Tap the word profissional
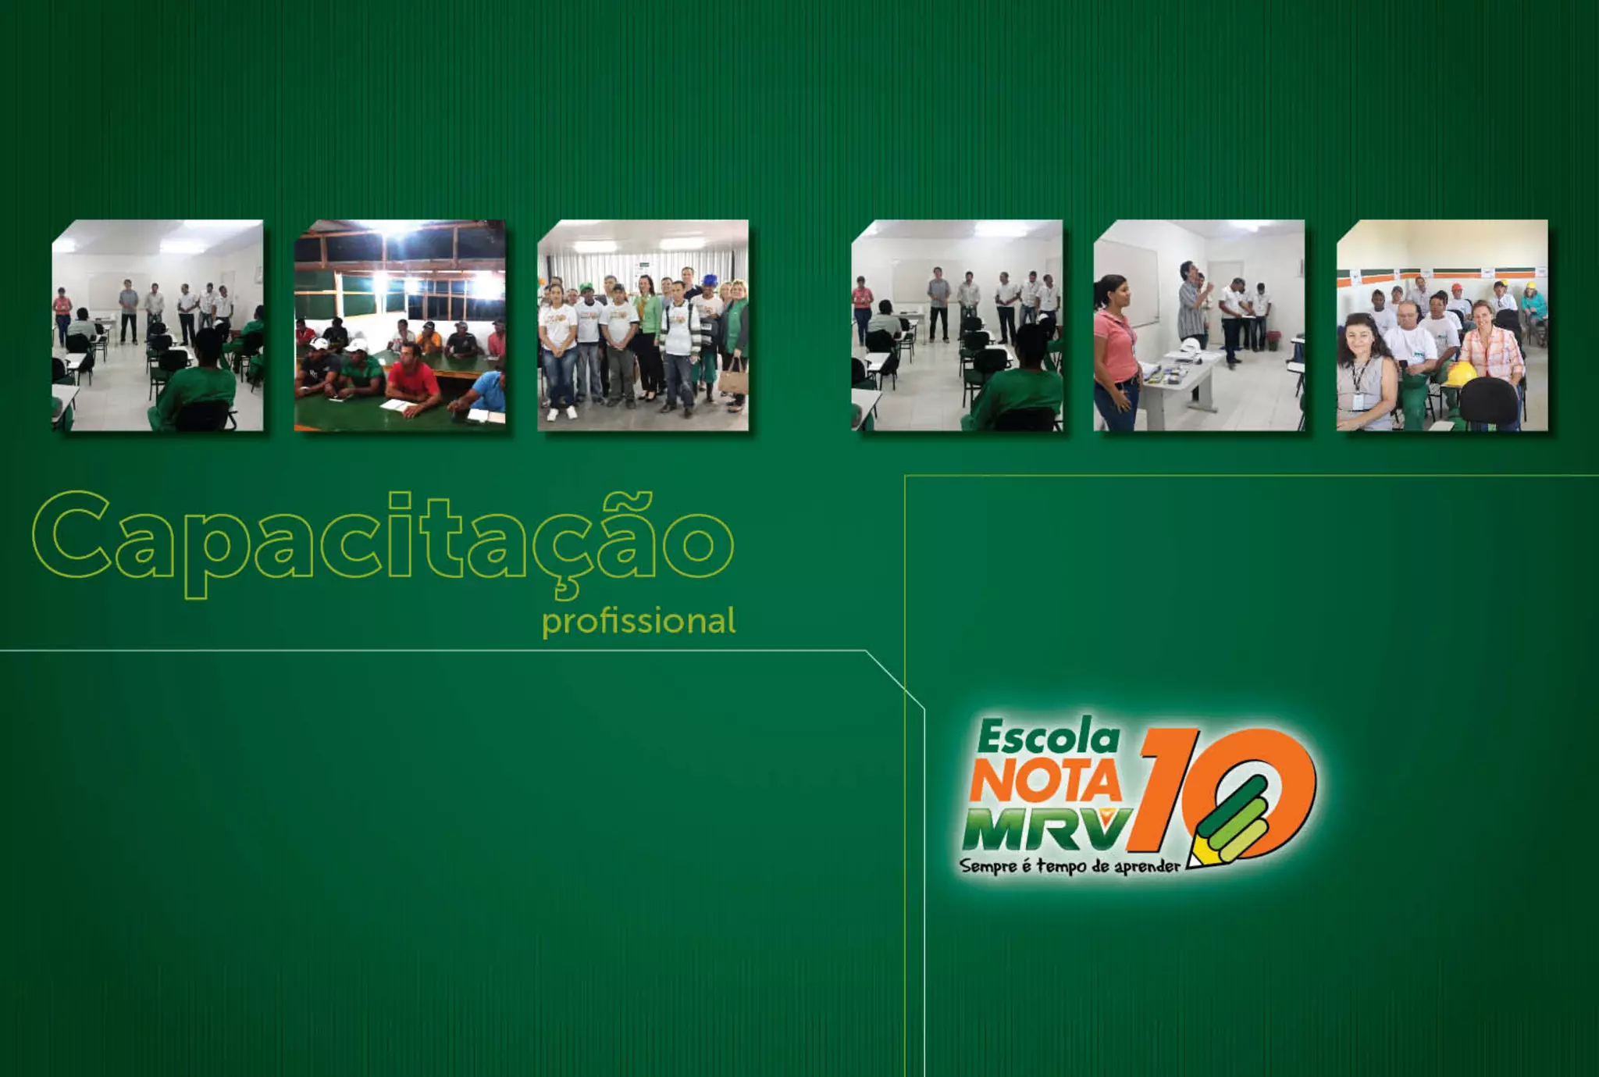pyautogui.click(x=639, y=622)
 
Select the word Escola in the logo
pyautogui.click(x=1049, y=737)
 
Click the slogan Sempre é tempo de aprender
pyautogui.click(x=1070, y=866)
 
